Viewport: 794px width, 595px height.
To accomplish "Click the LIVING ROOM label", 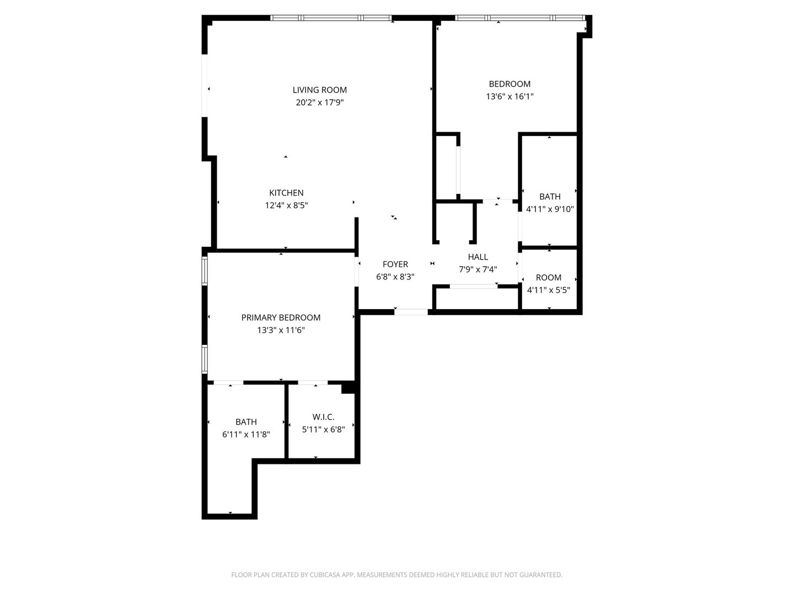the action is [x=319, y=90].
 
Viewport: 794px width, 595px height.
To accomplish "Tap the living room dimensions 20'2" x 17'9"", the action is [x=319, y=102].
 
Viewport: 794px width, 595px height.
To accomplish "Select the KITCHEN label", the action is [x=286, y=193].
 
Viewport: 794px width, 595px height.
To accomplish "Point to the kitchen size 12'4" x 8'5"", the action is [x=286, y=205].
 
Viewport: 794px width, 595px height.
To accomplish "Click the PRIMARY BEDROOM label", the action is [x=281, y=317].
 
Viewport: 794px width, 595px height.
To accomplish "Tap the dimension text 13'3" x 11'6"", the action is [x=281, y=330].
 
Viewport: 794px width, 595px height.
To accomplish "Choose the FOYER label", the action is [x=395, y=264].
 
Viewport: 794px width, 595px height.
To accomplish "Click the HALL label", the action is [x=478, y=257].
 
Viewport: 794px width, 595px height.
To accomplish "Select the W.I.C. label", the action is [x=323, y=417].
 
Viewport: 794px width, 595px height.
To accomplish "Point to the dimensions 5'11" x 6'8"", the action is [x=323, y=430].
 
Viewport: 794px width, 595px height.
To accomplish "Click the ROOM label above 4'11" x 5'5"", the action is [x=549, y=278].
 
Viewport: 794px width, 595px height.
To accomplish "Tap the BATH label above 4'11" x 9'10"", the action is [x=550, y=197].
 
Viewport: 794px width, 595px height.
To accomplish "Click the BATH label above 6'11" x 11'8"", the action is [x=246, y=422].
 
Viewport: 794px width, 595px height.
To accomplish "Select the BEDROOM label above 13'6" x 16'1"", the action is [x=509, y=84].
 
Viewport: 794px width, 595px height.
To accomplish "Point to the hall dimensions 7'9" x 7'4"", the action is [x=478, y=269].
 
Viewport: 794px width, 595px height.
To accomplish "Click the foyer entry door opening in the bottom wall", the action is [x=411, y=312].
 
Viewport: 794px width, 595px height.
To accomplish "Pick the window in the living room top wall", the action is [x=331, y=18].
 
